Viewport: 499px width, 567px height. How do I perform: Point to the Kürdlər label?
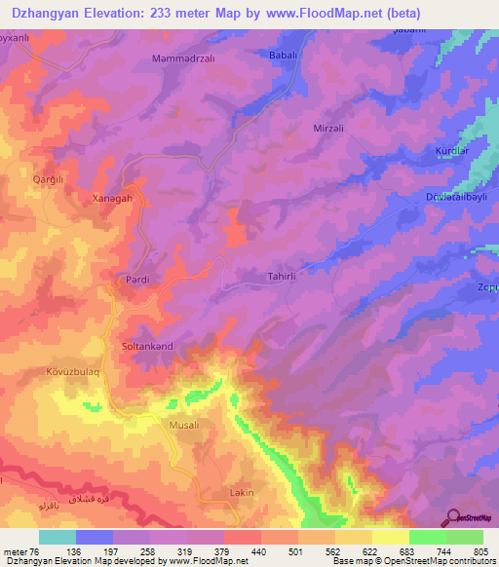(451, 152)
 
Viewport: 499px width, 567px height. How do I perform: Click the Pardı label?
(136, 280)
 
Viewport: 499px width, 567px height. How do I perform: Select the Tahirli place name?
(282, 277)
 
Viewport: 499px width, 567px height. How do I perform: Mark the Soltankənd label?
(146, 346)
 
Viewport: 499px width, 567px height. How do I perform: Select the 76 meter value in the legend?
(24, 550)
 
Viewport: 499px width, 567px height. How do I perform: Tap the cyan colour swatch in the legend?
(57, 537)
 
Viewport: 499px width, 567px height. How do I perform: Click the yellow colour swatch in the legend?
(390, 537)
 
